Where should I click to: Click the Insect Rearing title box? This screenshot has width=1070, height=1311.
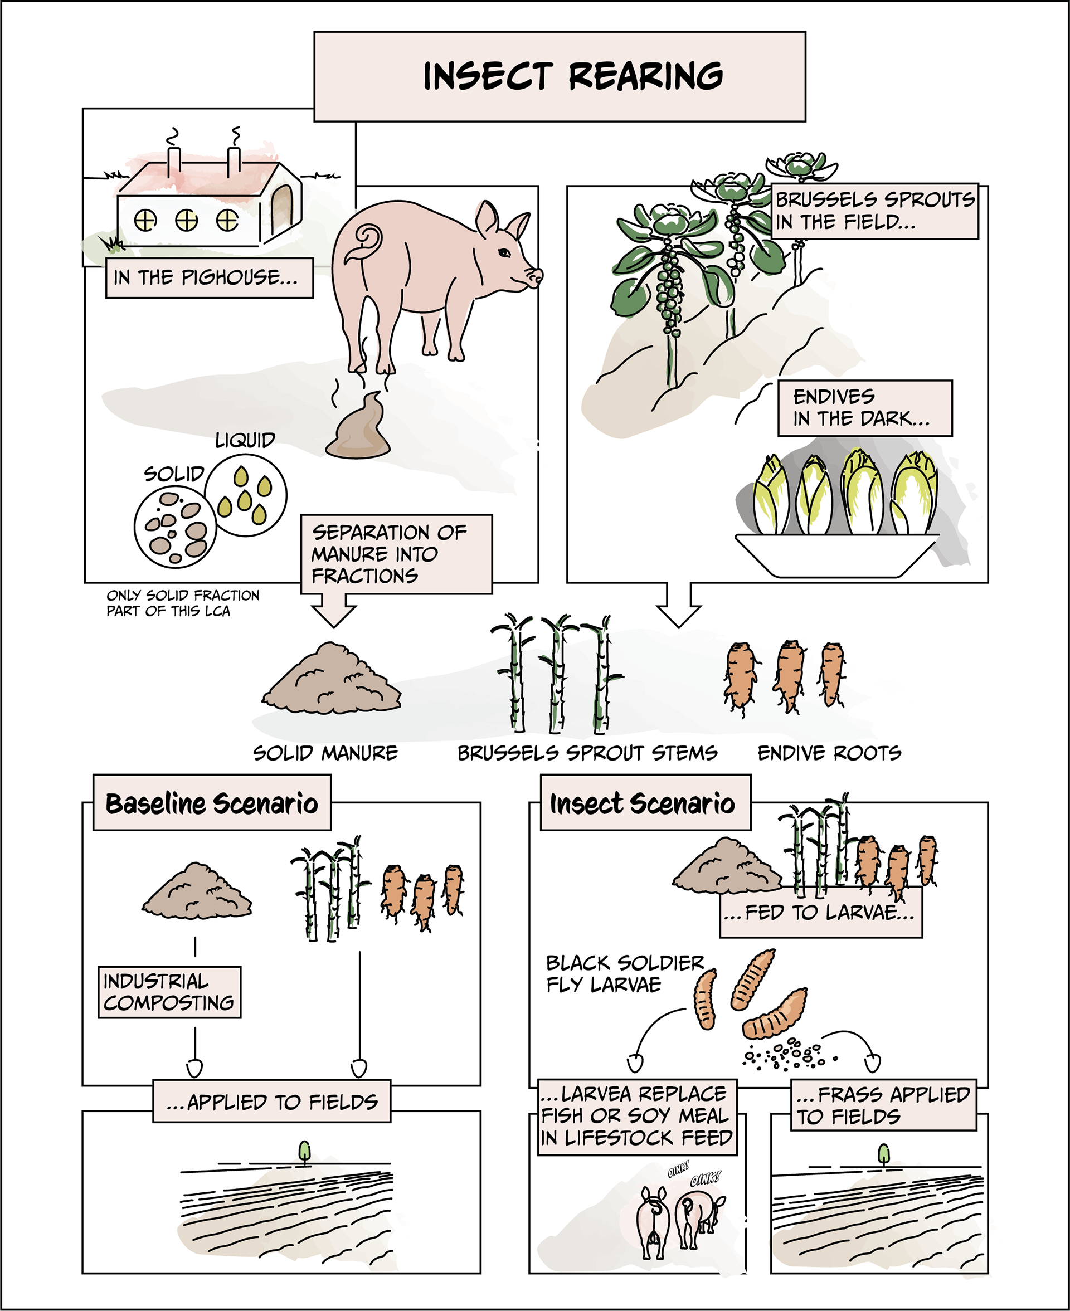pos(559,76)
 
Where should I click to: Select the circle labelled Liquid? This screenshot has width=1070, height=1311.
pos(245,495)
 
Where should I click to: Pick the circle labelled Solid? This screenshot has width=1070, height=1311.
pos(175,527)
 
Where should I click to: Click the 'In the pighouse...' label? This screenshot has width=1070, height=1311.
pos(209,278)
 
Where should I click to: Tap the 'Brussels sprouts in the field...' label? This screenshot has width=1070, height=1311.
pos(874,211)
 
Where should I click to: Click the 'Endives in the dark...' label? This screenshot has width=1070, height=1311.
pos(864,408)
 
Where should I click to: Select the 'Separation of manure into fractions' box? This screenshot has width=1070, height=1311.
pos(396,554)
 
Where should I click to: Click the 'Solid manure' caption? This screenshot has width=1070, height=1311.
pos(325,753)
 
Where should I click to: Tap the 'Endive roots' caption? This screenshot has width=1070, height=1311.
pos(829,753)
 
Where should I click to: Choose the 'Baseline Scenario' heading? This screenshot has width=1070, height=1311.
pos(211,803)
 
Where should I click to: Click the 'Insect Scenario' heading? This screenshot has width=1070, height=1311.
pos(645,803)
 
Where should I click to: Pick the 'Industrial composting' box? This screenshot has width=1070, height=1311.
pos(169,992)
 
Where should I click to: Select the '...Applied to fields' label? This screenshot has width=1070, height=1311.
pos(272,1101)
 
